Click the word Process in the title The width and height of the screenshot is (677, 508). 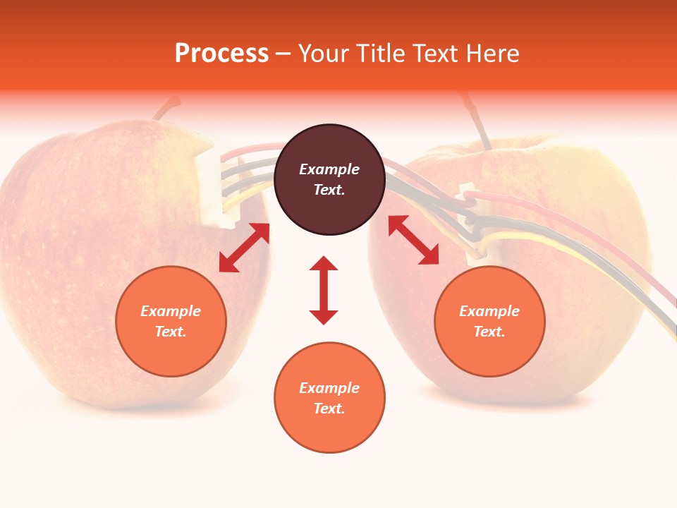[x=221, y=54]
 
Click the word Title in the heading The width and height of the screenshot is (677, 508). [x=377, y=54]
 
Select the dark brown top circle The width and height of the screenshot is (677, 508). [x=329, y=179]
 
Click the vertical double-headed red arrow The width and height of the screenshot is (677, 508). [x=324, y=290]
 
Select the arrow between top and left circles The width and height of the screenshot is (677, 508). [x=244, y=247]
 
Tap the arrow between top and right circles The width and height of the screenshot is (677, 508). [x=414, y=240]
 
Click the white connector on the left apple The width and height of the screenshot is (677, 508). [x=212, y=187]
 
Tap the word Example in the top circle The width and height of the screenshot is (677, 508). [x=329, y=169]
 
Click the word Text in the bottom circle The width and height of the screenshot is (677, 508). [x=329, y=409]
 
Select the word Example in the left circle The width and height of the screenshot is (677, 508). [x=171, y=311]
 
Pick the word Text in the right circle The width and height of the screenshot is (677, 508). [x=489, y=332]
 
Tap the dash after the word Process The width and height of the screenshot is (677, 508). [x=283, y=54]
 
